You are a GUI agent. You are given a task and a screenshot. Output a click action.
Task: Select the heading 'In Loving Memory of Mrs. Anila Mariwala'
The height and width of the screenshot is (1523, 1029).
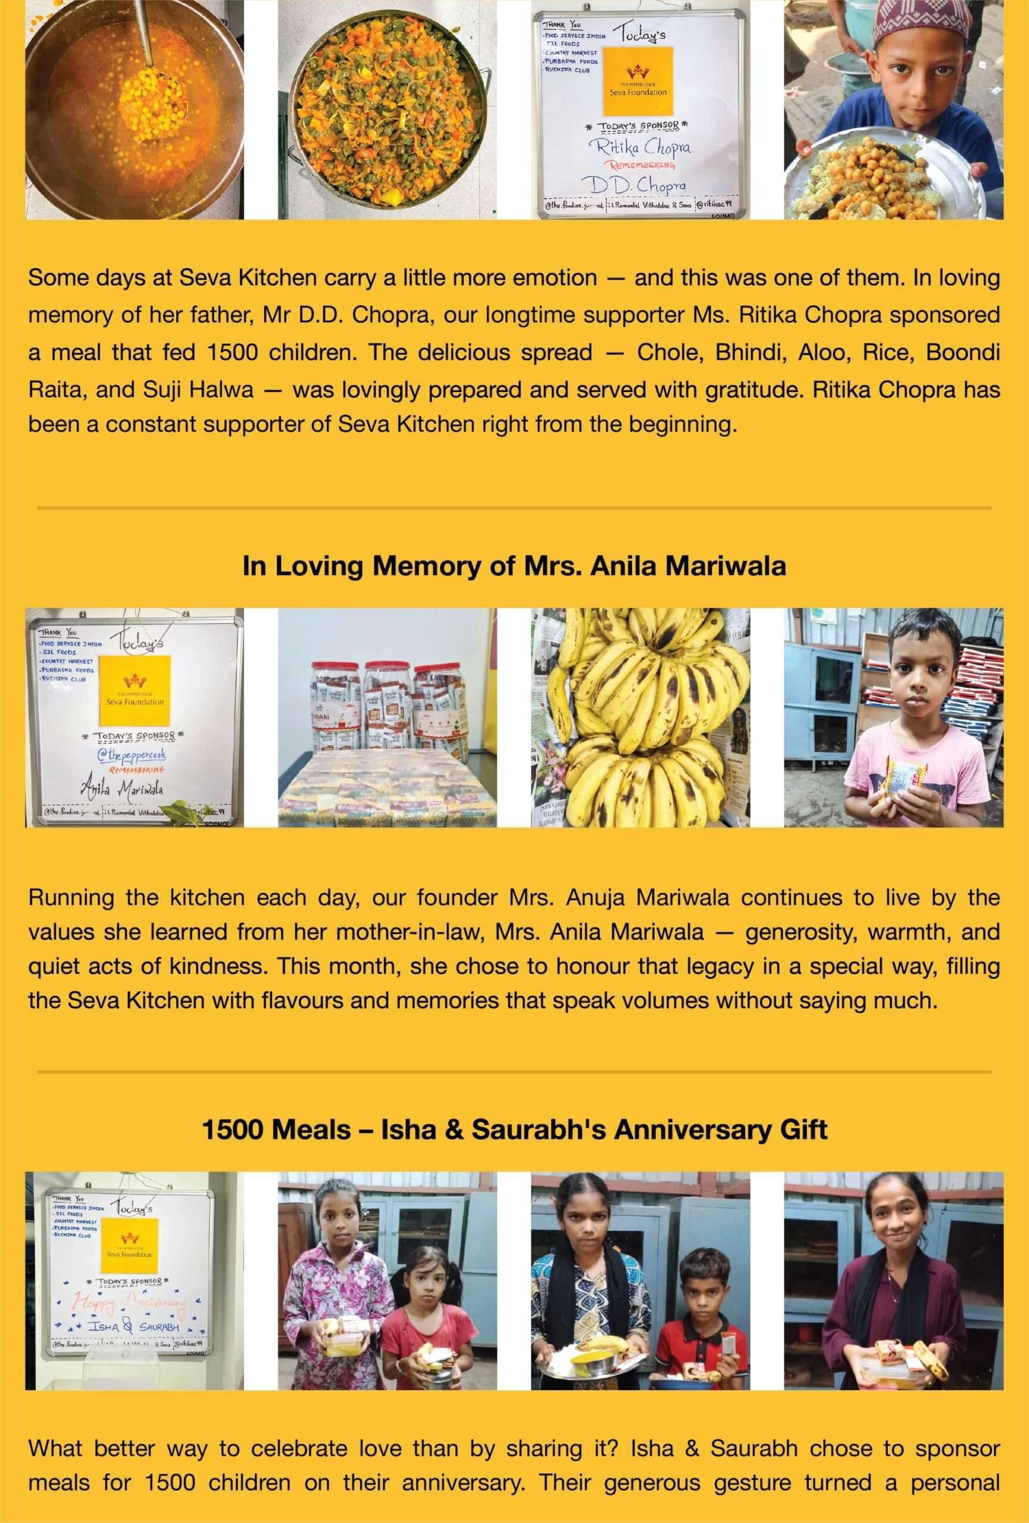(x=514, y=566)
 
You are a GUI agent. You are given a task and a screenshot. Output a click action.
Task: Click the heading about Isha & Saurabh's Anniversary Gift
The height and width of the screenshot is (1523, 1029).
(x=514, y=1129)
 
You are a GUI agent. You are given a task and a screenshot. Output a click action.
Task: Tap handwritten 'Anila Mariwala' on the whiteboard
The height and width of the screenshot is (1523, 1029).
(x=122, y=788)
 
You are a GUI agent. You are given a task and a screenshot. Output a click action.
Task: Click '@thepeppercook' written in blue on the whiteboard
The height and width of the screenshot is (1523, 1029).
(x=131, y=755)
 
